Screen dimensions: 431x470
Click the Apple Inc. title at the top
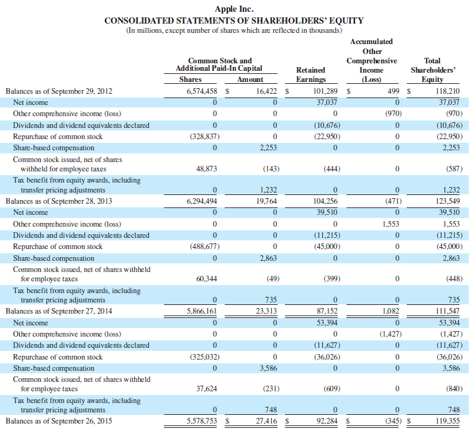(x=234, y=9)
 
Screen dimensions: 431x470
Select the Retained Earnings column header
(x=310, y=75)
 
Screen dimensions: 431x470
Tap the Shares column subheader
(x=190, y=79)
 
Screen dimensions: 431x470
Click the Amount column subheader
(x=250, y=79)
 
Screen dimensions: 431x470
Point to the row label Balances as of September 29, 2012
(x=59, y=91)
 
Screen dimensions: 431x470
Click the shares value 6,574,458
(x=202, y=91)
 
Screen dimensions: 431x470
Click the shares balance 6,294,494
(x=202, y=201)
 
